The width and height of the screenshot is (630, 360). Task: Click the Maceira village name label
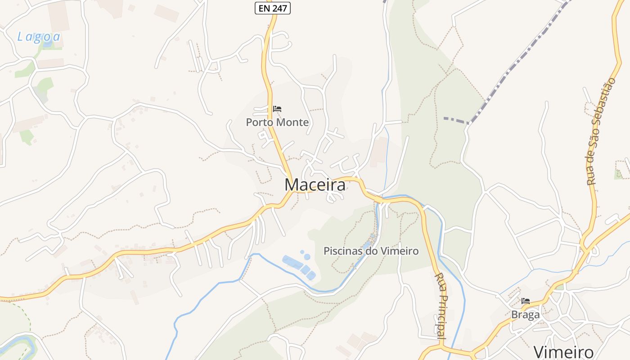315,184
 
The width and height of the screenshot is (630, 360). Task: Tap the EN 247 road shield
273,8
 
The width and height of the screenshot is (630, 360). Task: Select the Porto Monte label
277,122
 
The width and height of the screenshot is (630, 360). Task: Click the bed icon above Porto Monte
277,109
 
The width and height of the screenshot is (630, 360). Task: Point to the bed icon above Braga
526,301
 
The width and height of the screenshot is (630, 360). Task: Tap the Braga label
525,315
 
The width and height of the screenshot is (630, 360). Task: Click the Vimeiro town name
563,351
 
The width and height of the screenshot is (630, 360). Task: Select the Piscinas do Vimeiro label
371,251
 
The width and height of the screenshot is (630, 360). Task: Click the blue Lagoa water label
39,37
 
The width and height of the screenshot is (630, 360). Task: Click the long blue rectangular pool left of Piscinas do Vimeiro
292,262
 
